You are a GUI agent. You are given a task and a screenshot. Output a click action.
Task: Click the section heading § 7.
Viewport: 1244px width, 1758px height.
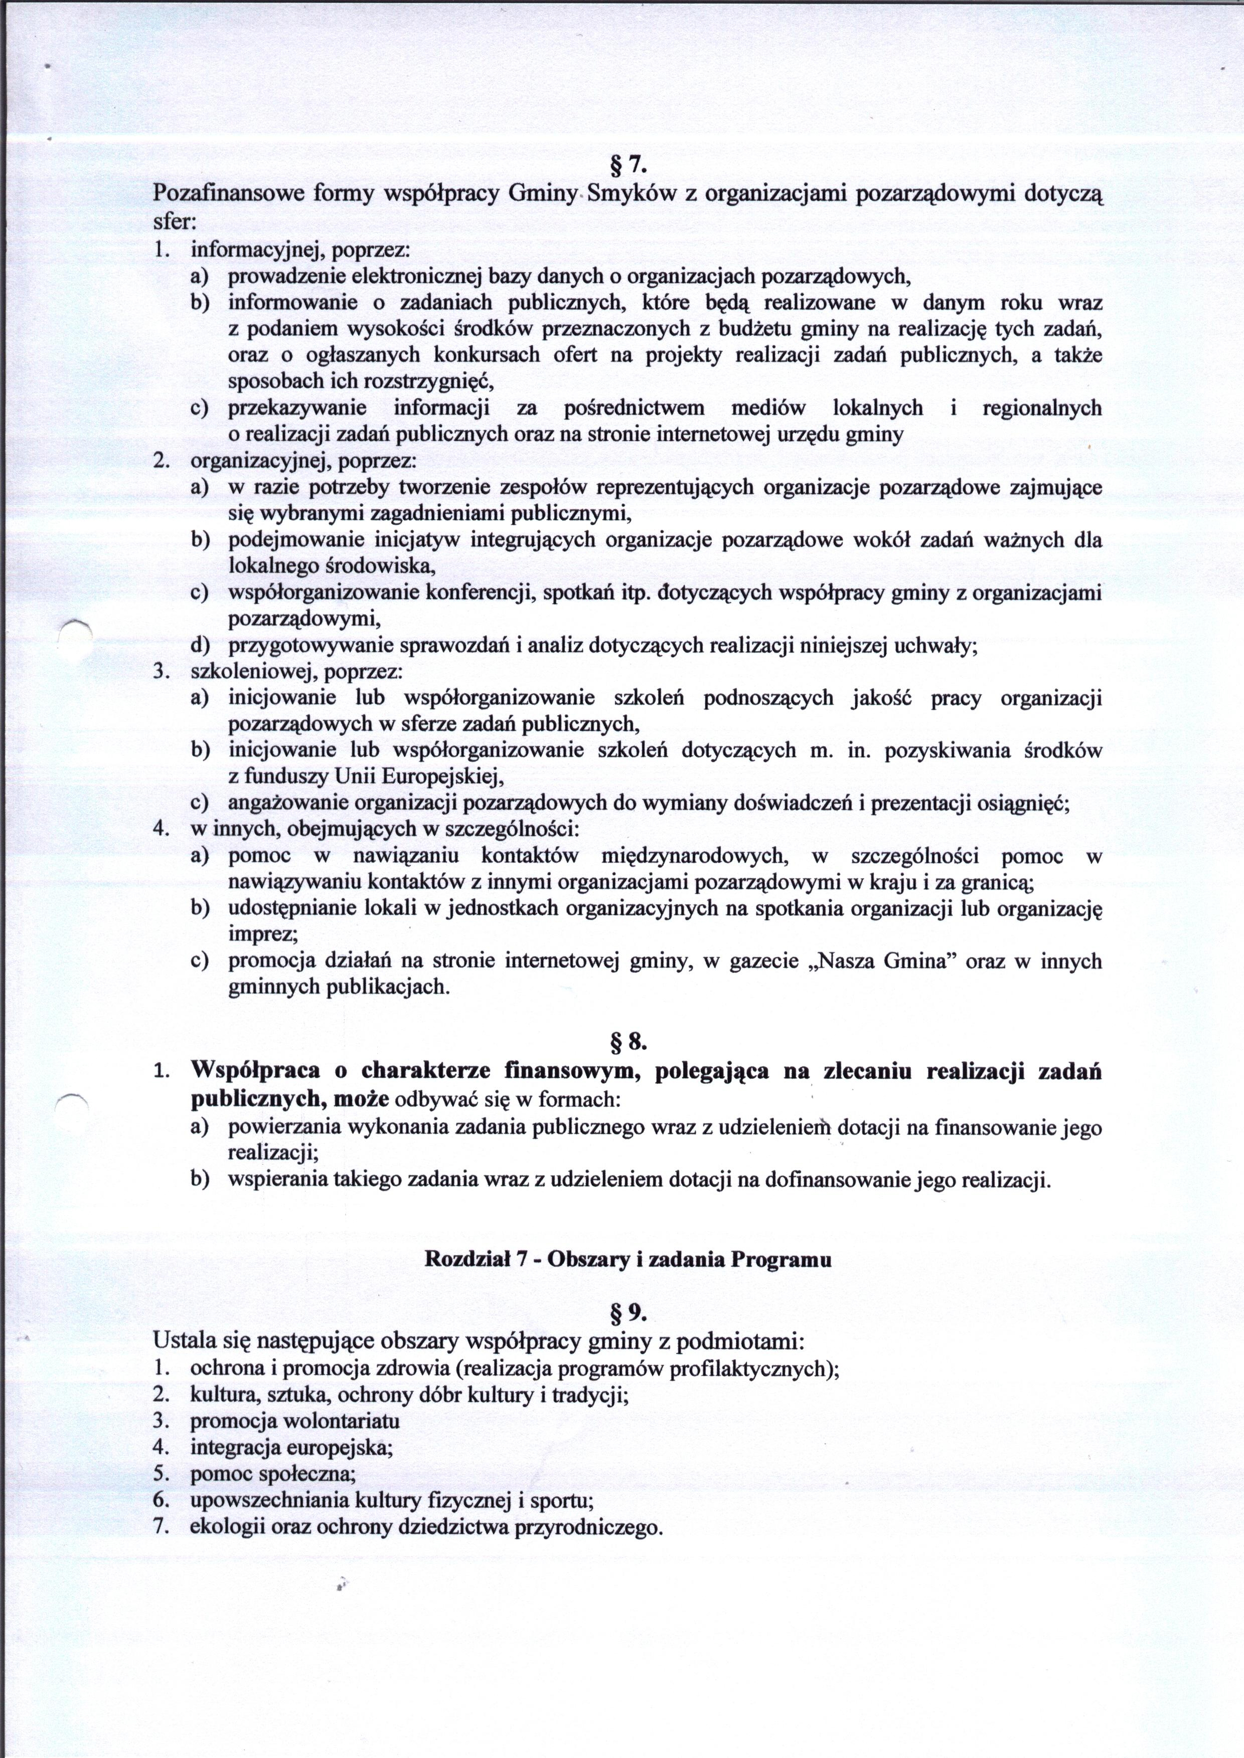(x=628, y=164)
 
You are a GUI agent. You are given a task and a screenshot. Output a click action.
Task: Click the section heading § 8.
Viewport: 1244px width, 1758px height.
(x=628, y=1042)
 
